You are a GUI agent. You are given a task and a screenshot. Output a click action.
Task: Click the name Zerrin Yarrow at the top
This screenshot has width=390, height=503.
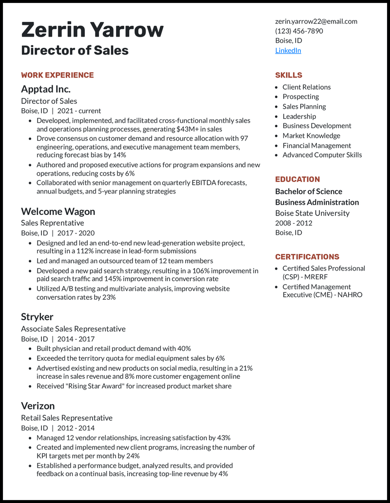pyautogui.click(x=92, y=30)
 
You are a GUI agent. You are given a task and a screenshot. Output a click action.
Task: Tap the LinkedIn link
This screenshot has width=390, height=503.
pyautogui.click(x=288, y=50)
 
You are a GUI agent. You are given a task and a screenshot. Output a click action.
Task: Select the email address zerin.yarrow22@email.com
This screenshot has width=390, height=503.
pyautogui.click(x=316, y=21)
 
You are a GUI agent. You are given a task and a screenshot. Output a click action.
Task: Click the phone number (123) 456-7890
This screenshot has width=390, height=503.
pyautogui.click(x=299, y=31)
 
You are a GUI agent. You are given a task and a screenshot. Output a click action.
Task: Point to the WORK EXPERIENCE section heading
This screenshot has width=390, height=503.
pyautogui.click(x=57, y=75)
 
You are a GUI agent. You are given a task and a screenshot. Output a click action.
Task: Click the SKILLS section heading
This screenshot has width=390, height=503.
pyautogui.click(x=289, y=75)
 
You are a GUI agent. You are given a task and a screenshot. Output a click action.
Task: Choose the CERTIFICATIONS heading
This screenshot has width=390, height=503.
pyautogui.click(x=307, y=256)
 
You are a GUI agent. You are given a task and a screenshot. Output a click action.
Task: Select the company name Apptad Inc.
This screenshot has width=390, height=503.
pyautogui.click(x=46, y=89)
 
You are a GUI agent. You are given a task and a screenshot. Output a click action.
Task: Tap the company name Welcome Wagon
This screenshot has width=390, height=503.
pyautogui.click(x=58, y=211)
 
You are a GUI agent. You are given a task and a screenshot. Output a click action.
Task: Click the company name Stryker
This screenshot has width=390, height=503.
pyautogui.click(x=37, y=317)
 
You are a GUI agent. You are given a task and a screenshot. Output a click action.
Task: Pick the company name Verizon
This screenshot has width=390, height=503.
pyautogui.click(x=38, y=406)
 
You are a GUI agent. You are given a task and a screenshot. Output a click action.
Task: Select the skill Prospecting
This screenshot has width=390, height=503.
pyautogui.click(x=301, y=97)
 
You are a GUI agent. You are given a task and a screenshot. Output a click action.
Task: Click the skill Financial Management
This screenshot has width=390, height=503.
pyautogui.click(x=317, y=145)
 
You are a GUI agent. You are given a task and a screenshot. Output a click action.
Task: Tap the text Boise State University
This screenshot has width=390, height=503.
pyautogui.click(x=312, y=213)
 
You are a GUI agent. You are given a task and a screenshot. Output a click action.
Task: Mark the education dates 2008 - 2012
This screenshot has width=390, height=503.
pyautogui.click(x=294, y=223)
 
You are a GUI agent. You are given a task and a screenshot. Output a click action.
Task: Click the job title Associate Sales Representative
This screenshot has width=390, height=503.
pyautogui.click(x=73, y=329)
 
